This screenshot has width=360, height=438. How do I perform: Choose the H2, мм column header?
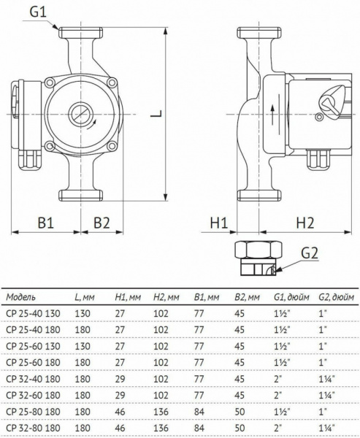pos(166,299)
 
